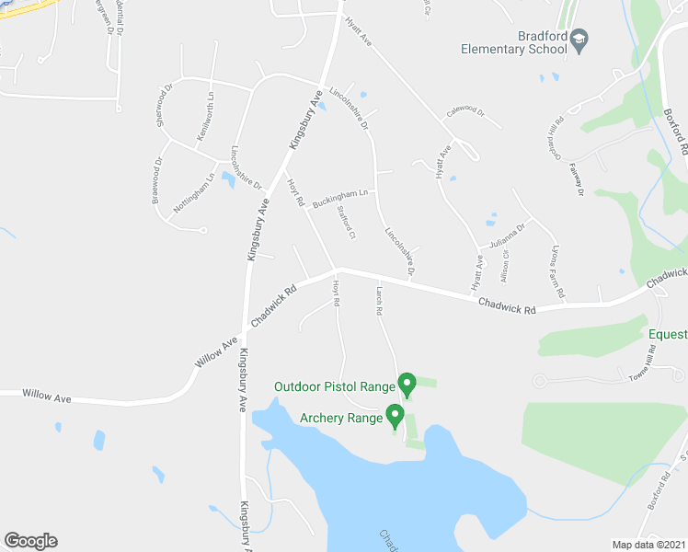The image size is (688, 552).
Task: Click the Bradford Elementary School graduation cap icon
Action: (x=579, y=39)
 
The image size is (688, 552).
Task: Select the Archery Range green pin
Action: (x=395, y=416)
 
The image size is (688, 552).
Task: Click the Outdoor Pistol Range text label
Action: (x=334, y=386)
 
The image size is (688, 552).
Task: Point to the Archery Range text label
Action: (x=340, y=418)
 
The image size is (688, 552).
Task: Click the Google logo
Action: (x=30, y=541)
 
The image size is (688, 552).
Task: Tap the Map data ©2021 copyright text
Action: (x=649, y=544)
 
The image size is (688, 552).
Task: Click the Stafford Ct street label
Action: (x=346, y=223)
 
